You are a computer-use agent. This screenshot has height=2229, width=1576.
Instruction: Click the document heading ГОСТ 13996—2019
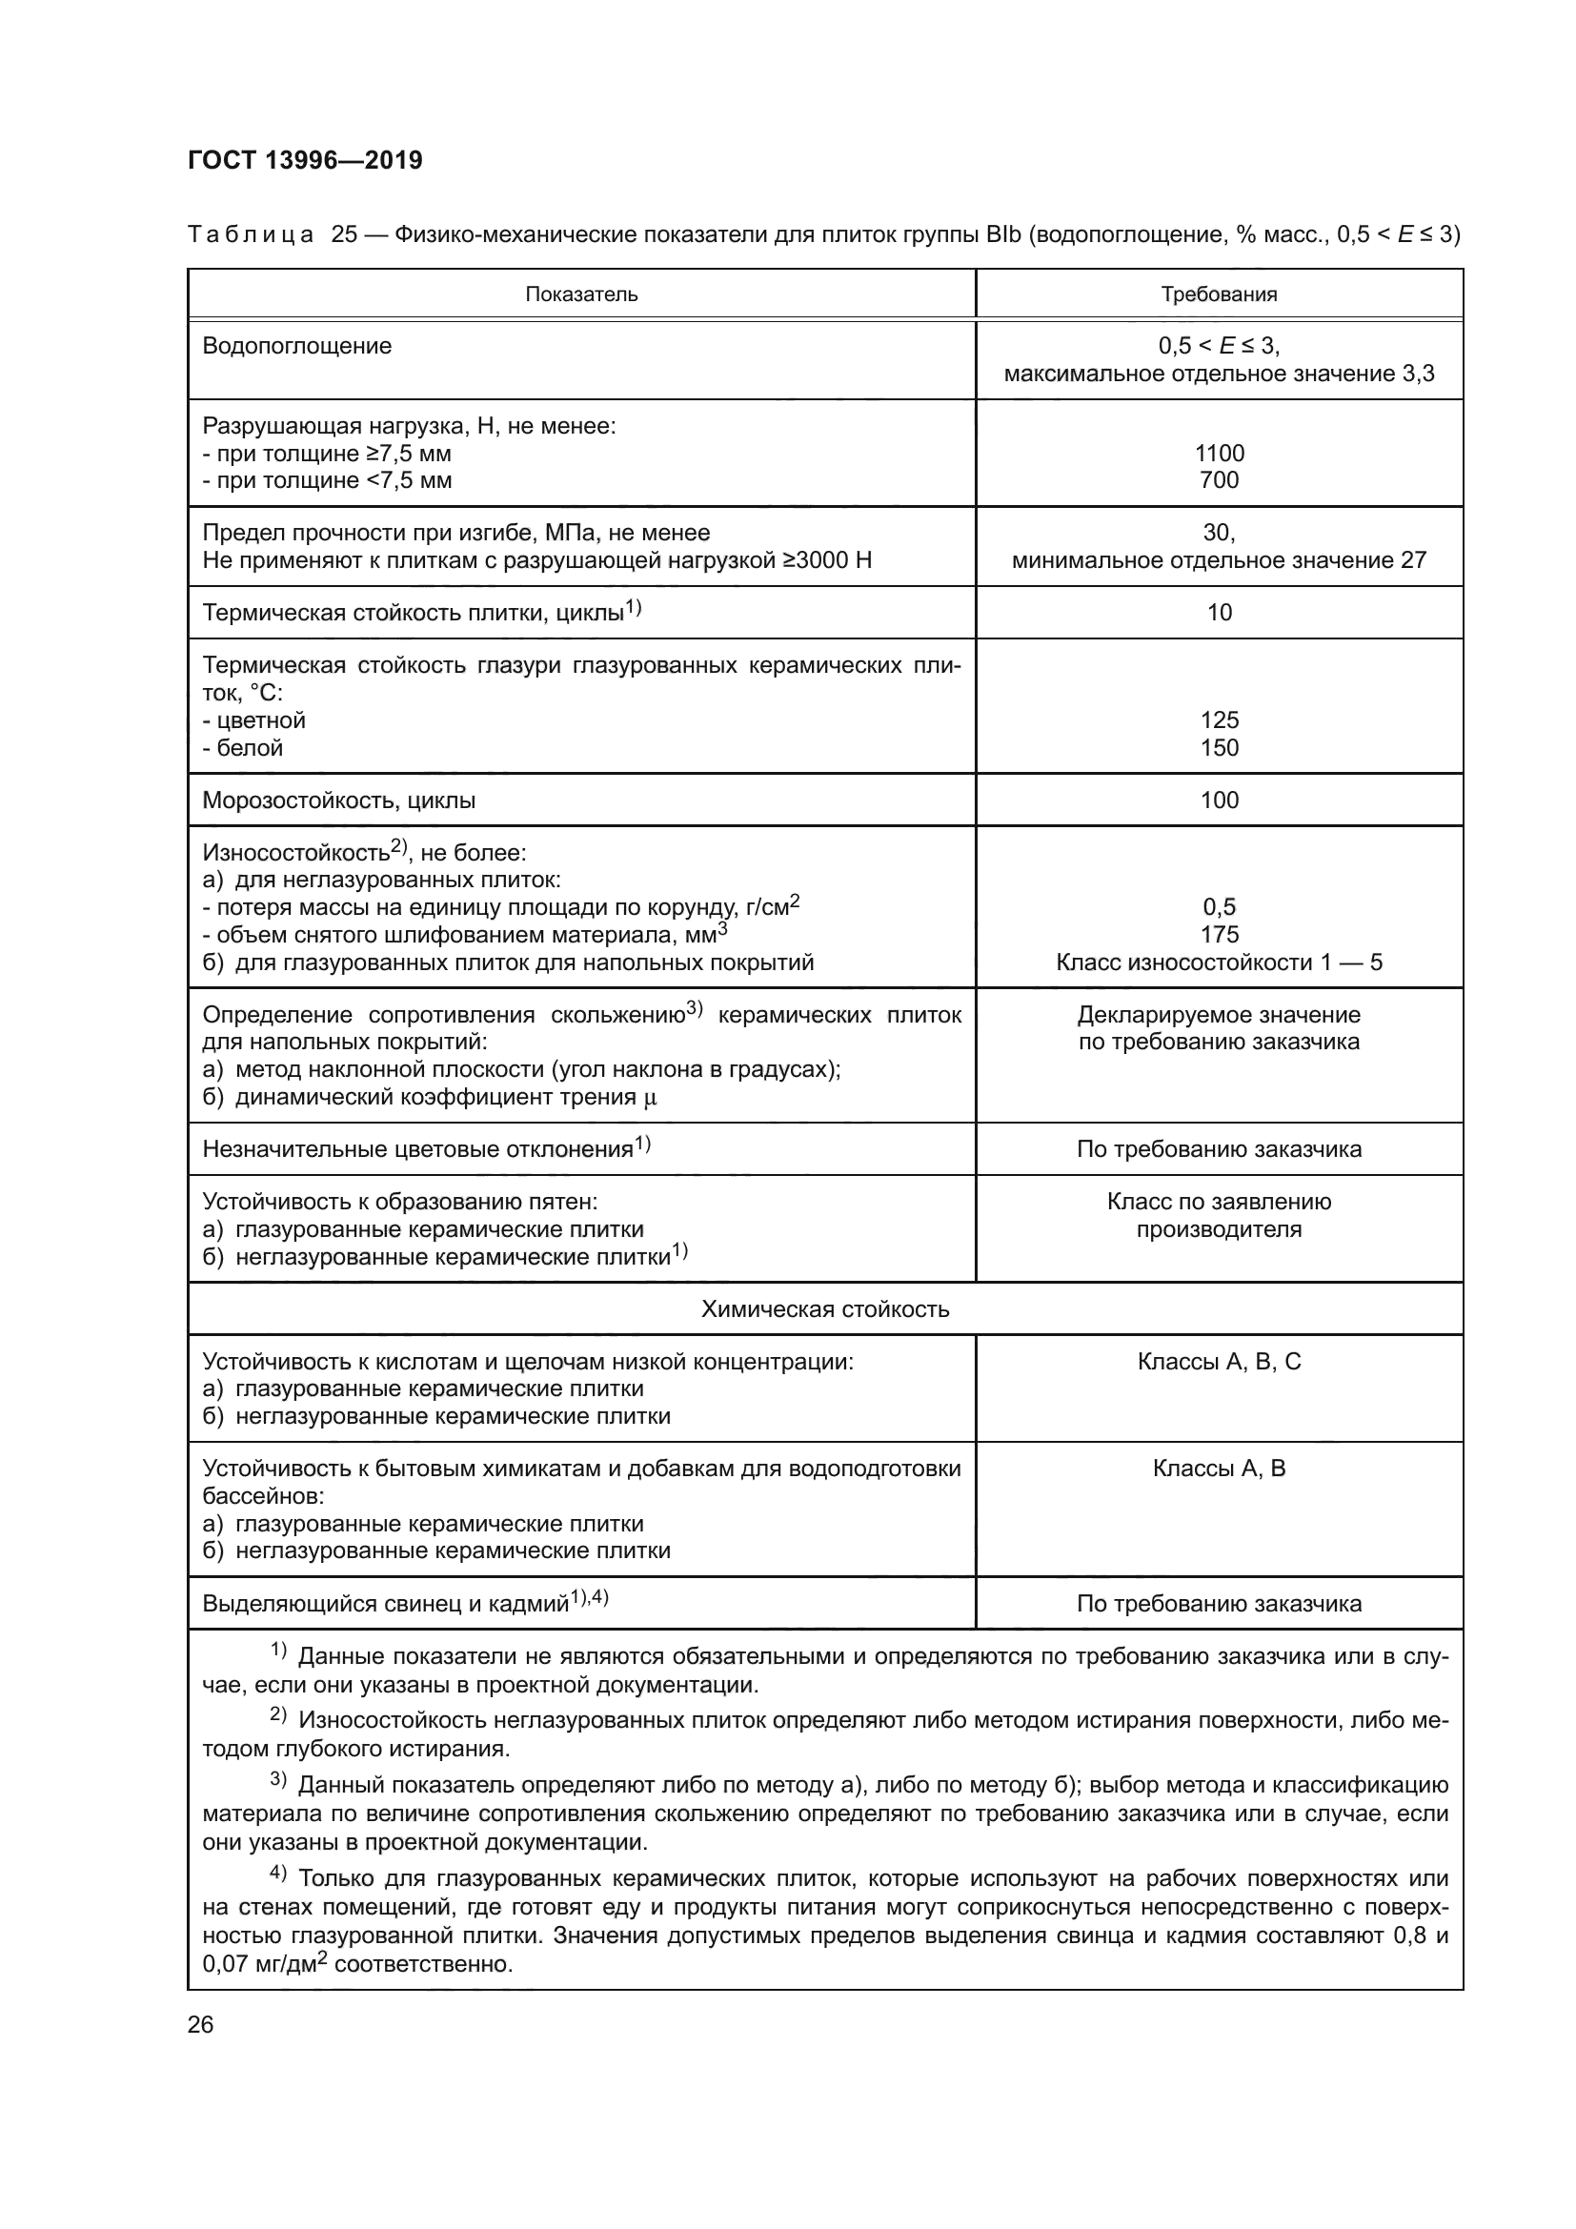coord(305,160)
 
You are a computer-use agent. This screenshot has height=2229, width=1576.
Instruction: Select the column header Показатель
coord(581,294)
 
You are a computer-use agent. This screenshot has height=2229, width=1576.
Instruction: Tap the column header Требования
coord(1219,294)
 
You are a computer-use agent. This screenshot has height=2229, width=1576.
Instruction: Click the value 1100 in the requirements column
coord(1219,454)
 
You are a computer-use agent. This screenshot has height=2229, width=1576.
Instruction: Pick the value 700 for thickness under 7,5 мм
coord(1219,479)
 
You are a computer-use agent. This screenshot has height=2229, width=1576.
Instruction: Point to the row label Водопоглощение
coord(297,346)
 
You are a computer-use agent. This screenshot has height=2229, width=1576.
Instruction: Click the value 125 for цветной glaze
coord(1219,719)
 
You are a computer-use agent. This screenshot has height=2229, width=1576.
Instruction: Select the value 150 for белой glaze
coord(1219,747)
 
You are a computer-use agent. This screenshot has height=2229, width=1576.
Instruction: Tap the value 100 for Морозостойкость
coord(1219,800)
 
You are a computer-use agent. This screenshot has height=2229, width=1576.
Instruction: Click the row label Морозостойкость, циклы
coord(338,800)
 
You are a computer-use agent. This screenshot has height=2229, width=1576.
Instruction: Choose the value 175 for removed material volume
coord(1219,934)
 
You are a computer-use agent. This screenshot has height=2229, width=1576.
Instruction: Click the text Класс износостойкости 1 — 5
coord(1219,963)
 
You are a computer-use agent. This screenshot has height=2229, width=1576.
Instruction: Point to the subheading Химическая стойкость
coord(825,1308)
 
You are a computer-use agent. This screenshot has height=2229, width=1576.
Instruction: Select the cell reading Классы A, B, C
coord(1219,1361)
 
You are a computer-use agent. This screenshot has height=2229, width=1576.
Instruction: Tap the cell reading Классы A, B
coord(1219,1468)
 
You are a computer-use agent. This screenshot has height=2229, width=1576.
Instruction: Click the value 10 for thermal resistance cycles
coord(1219,612)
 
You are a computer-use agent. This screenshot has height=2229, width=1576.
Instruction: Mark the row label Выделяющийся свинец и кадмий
coord(385,1604)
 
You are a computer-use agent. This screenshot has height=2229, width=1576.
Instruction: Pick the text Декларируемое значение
coord(1219,1015)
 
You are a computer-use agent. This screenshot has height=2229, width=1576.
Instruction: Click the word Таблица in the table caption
coord(251,234)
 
